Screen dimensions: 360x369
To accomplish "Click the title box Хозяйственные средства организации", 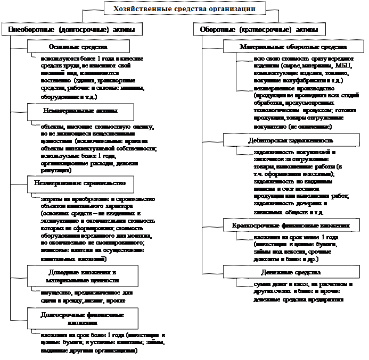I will (x=184, y=9).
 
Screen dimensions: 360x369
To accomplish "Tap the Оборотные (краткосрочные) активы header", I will (x=260, y=29).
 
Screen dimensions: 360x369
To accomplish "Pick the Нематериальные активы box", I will (x=80, y=110).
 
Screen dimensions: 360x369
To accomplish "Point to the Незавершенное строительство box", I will (x=80, y=182).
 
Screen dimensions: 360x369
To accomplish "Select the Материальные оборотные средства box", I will (x=293, y=47).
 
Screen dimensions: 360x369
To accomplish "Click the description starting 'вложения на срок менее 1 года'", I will (x=293, y=248).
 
